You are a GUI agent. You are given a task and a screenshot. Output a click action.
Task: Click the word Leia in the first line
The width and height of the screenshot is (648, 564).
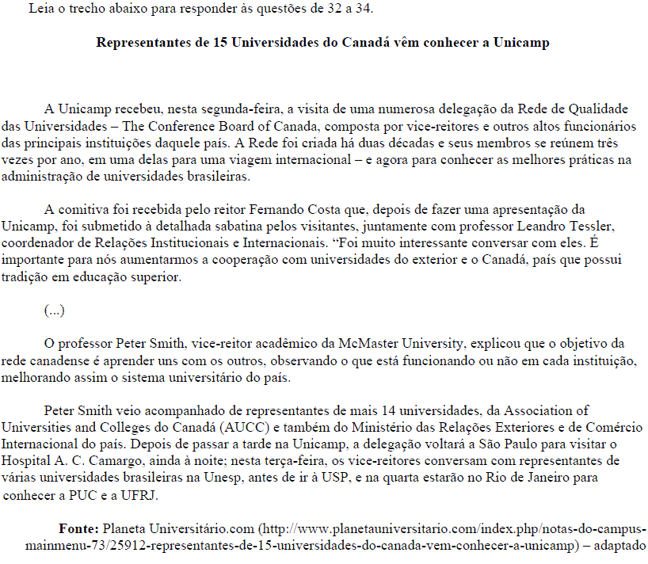(x=40, y=10)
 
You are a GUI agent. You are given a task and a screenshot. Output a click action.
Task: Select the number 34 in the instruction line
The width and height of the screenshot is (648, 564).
(x=365, y=10)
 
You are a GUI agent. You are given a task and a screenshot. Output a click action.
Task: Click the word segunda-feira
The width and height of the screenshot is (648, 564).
(x=246, y=109)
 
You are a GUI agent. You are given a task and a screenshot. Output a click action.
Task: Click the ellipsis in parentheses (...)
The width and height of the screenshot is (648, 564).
(x=54, y=311)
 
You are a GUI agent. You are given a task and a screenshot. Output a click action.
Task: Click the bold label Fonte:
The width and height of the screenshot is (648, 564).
(x=78, y=528)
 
